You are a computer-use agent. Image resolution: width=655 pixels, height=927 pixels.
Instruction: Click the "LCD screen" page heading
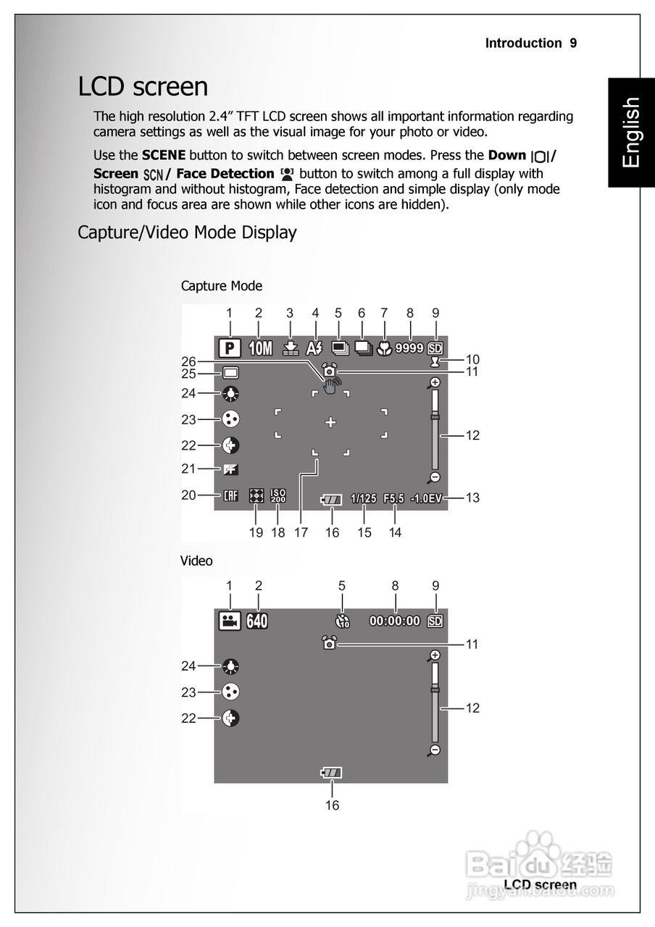[143, 87]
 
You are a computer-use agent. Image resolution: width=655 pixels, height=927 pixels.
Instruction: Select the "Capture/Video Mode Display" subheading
[187, 232]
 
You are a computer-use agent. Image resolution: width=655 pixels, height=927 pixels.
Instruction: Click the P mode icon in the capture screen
[230, 348]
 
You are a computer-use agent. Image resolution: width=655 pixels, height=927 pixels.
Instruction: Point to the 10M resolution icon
[259, 348]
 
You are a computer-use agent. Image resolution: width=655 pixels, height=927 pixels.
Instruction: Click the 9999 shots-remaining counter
[409, 348]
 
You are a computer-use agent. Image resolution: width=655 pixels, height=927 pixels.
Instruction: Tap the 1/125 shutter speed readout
[364, 498]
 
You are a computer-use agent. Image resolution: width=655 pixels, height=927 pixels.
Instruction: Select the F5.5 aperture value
[393, 498]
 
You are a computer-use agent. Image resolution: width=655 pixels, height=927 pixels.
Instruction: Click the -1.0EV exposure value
[425, 498]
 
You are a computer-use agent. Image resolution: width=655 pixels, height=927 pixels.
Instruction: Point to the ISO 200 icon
[278, 496]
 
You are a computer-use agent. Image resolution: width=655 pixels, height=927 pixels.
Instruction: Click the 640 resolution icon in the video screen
[257, 621]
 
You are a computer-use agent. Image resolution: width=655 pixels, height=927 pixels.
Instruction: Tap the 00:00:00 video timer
[395, 621]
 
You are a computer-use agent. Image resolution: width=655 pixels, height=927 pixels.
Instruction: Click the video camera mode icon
[230, 621]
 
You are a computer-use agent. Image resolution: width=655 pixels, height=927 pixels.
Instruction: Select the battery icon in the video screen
[332, 773]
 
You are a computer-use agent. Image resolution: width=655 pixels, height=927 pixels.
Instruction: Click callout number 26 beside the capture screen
[189, 361]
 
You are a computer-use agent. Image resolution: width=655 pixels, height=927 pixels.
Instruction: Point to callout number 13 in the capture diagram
[472, 498]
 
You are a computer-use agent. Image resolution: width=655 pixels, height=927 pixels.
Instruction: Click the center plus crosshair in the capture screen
[330, 422]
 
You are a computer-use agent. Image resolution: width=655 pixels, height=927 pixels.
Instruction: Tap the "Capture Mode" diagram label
[221, 286]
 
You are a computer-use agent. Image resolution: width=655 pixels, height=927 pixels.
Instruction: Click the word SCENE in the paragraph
[164, 155]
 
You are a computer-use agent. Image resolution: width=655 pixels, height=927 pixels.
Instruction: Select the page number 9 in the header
[573, 43]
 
